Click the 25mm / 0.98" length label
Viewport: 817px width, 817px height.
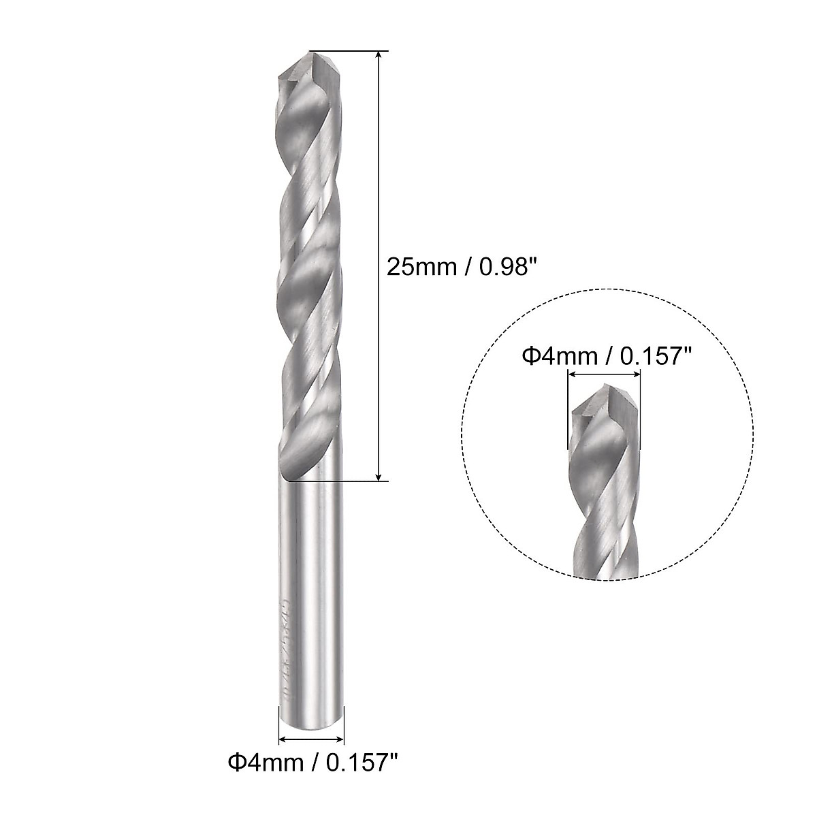[x=457, y=266]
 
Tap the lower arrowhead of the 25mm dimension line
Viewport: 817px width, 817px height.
[x=379, y=477]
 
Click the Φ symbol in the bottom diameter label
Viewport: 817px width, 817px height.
[x=234, y=779]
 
